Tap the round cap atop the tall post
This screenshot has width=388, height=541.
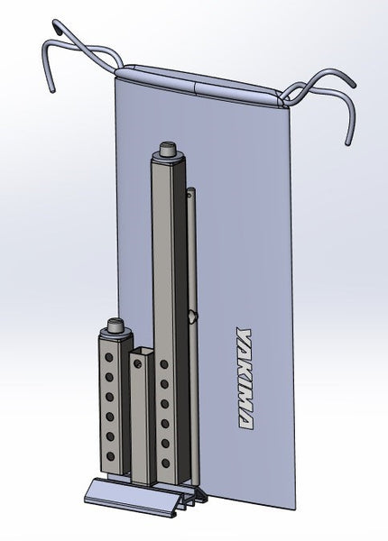[x=168, y=150]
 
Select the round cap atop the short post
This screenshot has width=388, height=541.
[x=115, y=326]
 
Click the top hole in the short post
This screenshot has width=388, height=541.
[x=109, y=357]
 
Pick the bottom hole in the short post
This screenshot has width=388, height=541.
[x=110, y=457]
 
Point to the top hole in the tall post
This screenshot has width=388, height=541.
[x=164, y=364]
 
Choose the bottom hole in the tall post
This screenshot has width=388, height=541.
[x=165, y=463]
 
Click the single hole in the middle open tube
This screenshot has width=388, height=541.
[x=137, y=363]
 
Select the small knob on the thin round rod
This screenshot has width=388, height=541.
[x=191, y=316]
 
